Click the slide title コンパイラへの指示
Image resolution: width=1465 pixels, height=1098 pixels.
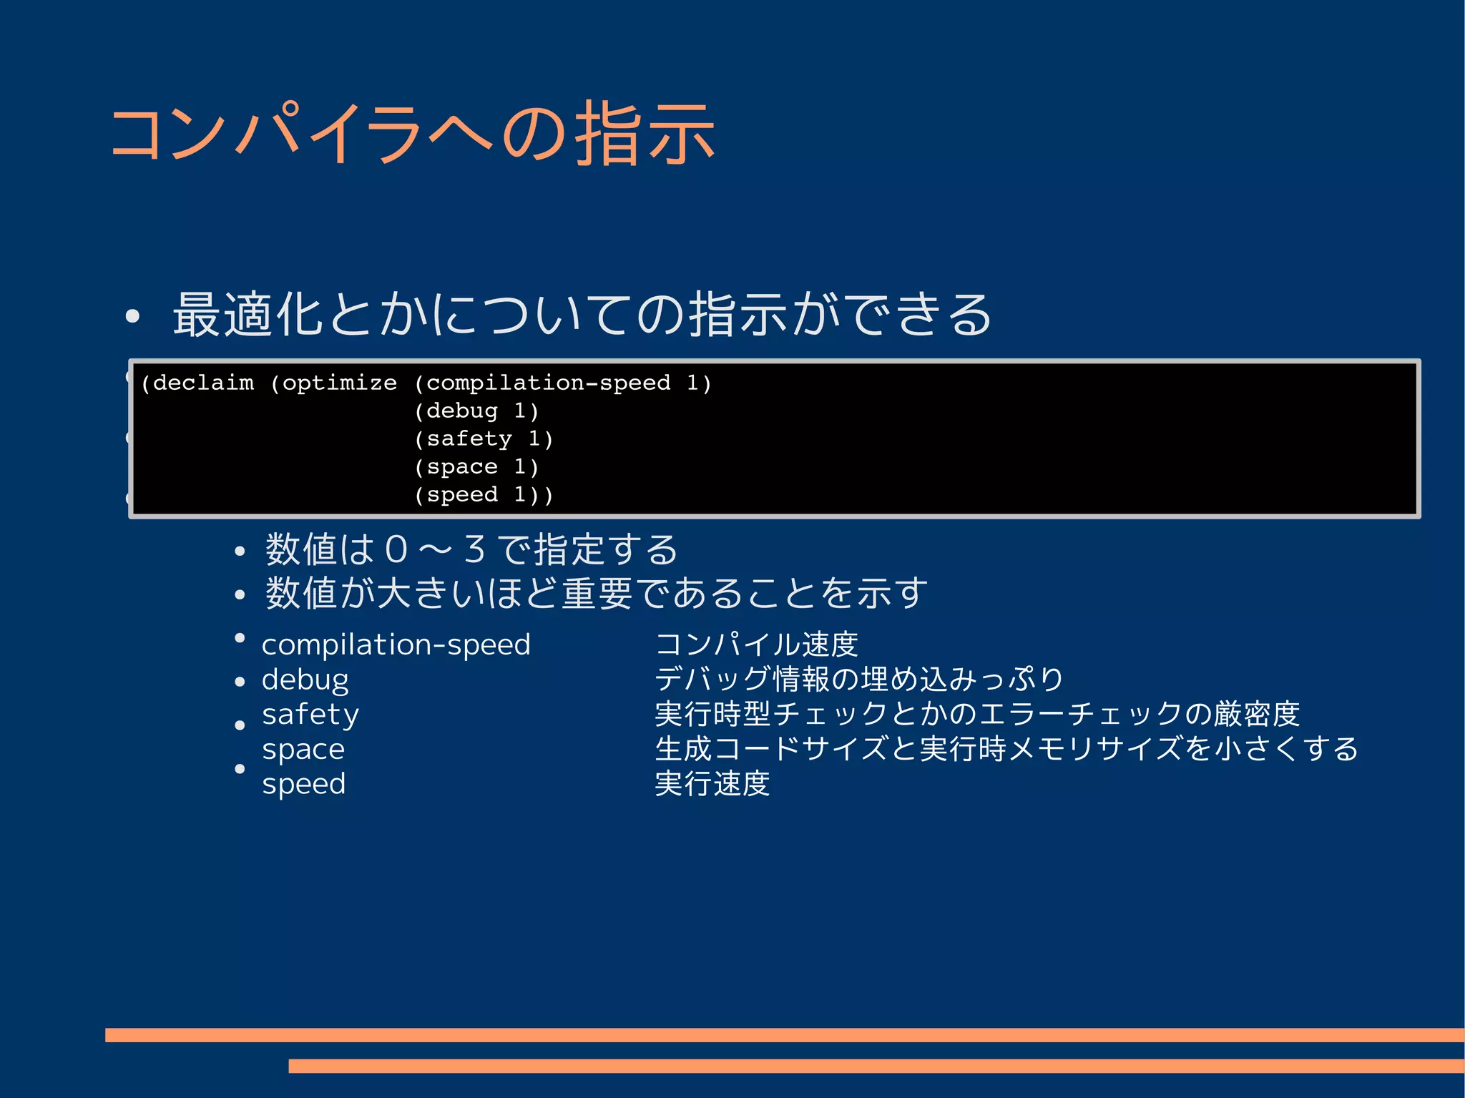click(413, 134)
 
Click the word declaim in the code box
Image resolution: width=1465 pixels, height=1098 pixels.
click(203, 383)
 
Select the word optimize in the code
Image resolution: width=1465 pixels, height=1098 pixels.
click(339, 383)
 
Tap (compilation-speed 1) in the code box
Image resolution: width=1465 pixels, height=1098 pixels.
click(563, 383)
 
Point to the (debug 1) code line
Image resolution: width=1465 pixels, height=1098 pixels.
click(476, 411)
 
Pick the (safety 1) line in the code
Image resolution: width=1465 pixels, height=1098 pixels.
click(484, 439)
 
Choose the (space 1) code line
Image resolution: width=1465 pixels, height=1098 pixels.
click(476, 467)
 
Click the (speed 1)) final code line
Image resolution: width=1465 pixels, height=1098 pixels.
click(484, 495)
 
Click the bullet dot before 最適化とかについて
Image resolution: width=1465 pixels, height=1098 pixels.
click(132, 316)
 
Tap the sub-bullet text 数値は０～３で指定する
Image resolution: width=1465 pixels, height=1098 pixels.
click(471, 549)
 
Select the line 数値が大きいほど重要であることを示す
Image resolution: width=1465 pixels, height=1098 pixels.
click(597, 593)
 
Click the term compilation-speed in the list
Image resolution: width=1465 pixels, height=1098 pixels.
click(396, 644)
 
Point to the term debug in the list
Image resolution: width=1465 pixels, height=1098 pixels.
click(305, 680)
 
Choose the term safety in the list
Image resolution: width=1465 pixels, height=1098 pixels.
click(310, 714)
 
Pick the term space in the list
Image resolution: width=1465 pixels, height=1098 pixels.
click(303, 749)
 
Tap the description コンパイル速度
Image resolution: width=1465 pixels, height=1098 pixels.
click(757, 644)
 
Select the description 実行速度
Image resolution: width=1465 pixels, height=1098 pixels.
click(712, 784)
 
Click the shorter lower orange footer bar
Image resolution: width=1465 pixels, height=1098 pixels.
click(876, 1066)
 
